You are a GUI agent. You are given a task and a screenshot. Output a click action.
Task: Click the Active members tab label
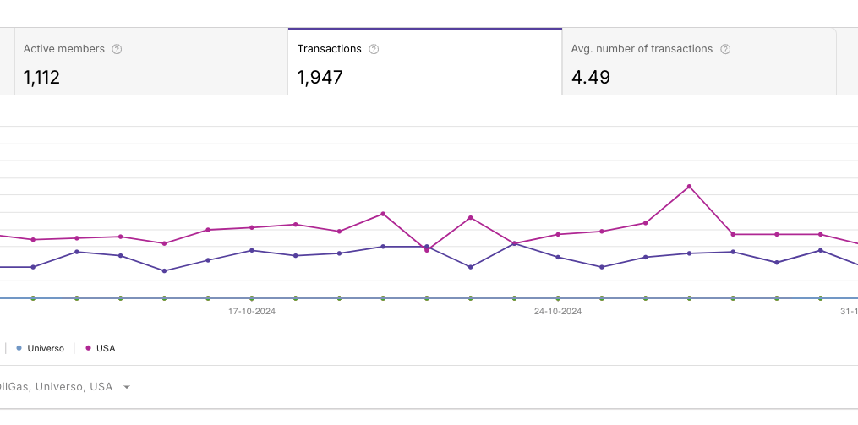click(64, 49)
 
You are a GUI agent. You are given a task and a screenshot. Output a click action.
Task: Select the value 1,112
click(41, 78)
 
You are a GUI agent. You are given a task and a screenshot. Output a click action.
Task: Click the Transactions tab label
click(329, 49)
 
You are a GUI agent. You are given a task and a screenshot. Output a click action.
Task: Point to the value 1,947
click(320, 78)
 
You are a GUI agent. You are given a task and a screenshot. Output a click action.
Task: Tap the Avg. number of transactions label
click(642, 49)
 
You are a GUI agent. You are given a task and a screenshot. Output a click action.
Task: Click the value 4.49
click(590, 78)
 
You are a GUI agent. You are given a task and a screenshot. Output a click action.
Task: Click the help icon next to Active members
click(117, 49)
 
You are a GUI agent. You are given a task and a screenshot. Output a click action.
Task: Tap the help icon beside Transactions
click(374, 49)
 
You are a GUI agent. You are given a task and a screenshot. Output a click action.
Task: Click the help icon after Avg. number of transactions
click(725, 49)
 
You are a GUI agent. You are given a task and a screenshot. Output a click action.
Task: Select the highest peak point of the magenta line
click(690, 186)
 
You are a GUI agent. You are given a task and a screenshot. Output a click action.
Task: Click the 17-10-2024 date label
click(252, 311)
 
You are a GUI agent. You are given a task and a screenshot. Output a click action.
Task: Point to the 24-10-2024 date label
click(558, 311)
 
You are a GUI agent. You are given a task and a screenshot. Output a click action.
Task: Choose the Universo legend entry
click(46, 348)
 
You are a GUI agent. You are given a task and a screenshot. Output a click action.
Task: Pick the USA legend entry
click(106, 348)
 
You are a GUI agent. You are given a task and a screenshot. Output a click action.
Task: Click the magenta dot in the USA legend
click(89, 348)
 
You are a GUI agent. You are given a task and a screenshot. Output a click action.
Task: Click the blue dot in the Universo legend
click(19, 348)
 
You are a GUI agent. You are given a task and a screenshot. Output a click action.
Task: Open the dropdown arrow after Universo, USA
click(127, 387)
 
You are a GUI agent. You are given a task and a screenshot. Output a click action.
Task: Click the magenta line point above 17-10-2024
click(252, 227)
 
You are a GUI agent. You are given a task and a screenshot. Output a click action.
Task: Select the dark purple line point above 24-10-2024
click(558, 257)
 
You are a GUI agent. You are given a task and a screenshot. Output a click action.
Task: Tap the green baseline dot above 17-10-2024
click(252, 297)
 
